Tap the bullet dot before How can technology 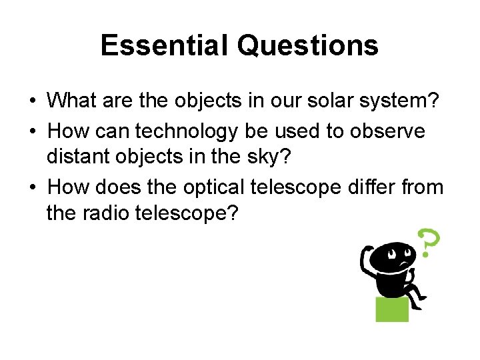pyautogui.click(x=32, y=132)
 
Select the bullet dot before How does pyautogui.click(x=32, y=188)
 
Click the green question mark pyautogui.click(x=428, y=243)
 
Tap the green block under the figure pyautogui.click(x=392, y=309)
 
